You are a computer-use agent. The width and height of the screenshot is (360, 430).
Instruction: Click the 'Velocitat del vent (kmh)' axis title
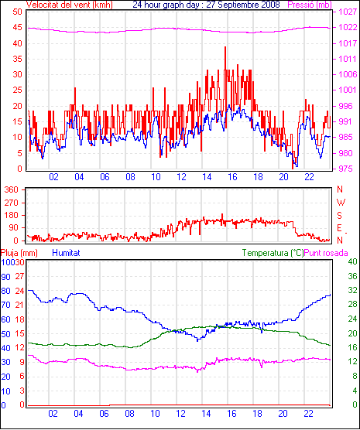70,5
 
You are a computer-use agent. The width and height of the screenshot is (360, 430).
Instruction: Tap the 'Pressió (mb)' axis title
310,5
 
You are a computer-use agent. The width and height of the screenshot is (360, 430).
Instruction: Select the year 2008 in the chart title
269,5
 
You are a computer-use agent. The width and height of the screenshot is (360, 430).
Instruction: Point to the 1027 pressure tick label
348,12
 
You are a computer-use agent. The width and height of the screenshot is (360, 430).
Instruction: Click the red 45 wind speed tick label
17,28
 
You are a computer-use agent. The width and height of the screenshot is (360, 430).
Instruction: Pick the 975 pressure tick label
345,169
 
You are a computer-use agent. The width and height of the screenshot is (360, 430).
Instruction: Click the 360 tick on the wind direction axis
12,189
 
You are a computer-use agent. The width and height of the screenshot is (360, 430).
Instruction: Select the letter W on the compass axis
341,203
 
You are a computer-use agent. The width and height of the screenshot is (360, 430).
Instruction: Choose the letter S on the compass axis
340,216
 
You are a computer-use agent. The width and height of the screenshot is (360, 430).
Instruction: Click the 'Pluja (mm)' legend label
19,253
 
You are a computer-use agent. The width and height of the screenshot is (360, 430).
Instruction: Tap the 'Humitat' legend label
66,253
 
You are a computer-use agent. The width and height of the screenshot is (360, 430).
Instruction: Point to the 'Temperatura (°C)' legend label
273,253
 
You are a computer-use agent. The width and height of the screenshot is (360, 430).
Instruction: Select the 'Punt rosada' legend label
326,253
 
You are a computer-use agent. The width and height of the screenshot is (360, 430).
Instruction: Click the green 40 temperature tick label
352,261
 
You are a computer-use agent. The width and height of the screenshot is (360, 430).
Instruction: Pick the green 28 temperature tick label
352,305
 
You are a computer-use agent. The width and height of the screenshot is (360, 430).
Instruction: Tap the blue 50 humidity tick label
5,334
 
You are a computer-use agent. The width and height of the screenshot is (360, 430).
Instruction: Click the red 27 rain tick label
20,276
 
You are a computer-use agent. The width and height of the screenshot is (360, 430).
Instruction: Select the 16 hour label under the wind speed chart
232,177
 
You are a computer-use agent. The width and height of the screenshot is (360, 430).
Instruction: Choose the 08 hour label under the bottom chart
129,414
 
